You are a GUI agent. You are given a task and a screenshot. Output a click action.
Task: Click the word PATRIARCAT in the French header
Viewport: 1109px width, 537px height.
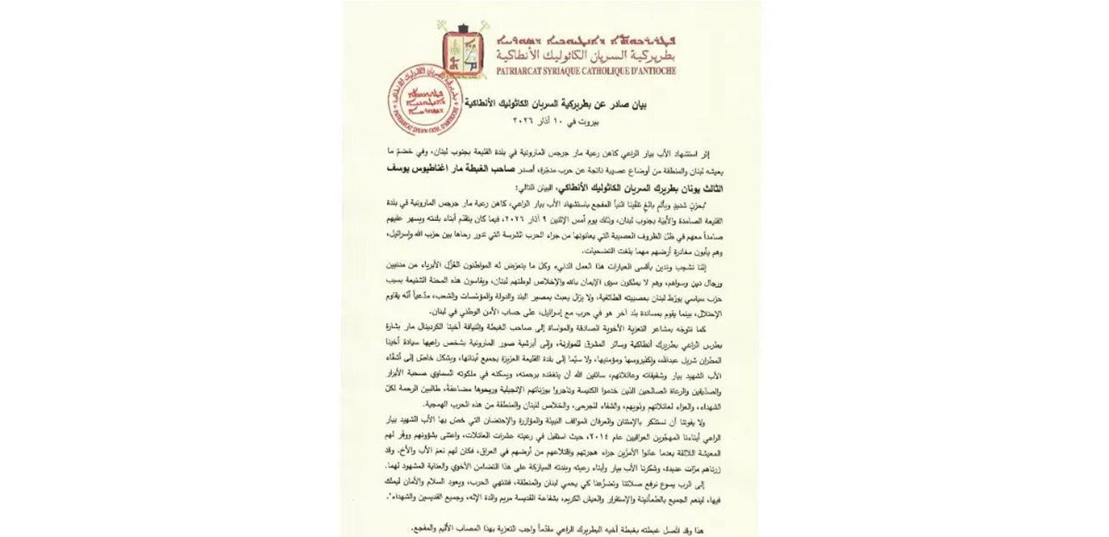coord(521,72)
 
